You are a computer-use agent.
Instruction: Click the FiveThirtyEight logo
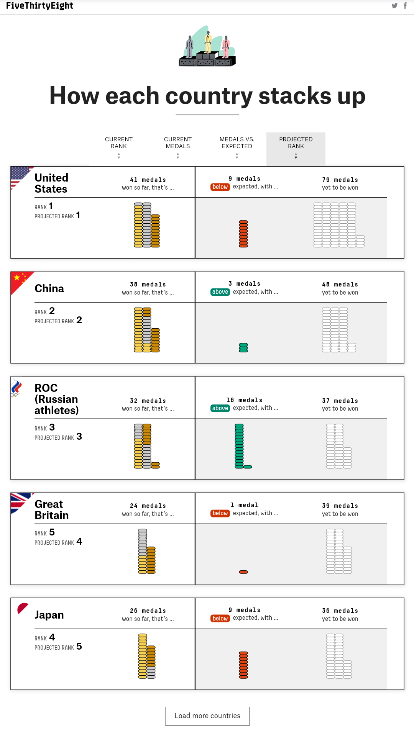[39, 6]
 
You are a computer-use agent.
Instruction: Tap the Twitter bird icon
[394, 6]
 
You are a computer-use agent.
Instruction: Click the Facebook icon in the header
[405, 6]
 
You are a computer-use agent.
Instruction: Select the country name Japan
[49, 615]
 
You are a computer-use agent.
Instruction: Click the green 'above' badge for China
[220, 292]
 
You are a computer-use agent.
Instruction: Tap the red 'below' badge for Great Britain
[220, 513]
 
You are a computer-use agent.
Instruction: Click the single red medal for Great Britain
[243, 572]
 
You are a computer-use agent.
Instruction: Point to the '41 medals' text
[148, 180]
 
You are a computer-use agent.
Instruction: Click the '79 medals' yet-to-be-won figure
[340, 180]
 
